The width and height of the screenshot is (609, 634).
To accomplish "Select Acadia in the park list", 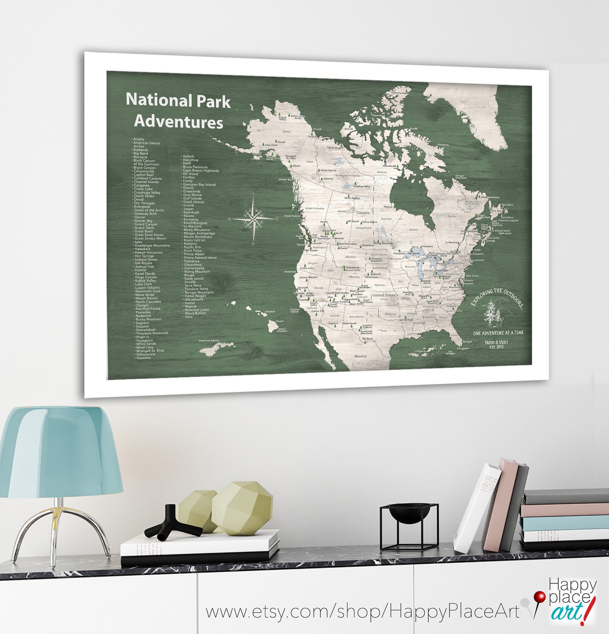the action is pyautogui.click(x=138, y=139).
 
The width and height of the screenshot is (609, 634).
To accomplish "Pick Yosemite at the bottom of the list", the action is pyautogui.click(x=143, y=358).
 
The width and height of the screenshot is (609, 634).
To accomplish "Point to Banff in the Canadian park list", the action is pyautogui.click(x=187, y=163).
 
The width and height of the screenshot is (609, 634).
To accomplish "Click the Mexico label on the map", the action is pyautogui.click(x=360, y=356).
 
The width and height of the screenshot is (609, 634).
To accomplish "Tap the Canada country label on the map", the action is pyautogui.click(x=363, y=213).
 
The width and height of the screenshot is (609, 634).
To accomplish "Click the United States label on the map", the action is pyautogui.click(x=384, y=295).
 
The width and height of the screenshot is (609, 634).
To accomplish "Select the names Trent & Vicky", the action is pyautogui.click(x=496, y=342).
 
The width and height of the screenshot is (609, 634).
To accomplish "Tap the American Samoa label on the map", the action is pyautogui.click(x=209, y=340).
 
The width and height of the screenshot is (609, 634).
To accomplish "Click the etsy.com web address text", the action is pyautogui.click(x=362, y=611).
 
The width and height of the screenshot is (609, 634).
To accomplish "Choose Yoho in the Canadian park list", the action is pyautogui.click(x=188, y=317).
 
